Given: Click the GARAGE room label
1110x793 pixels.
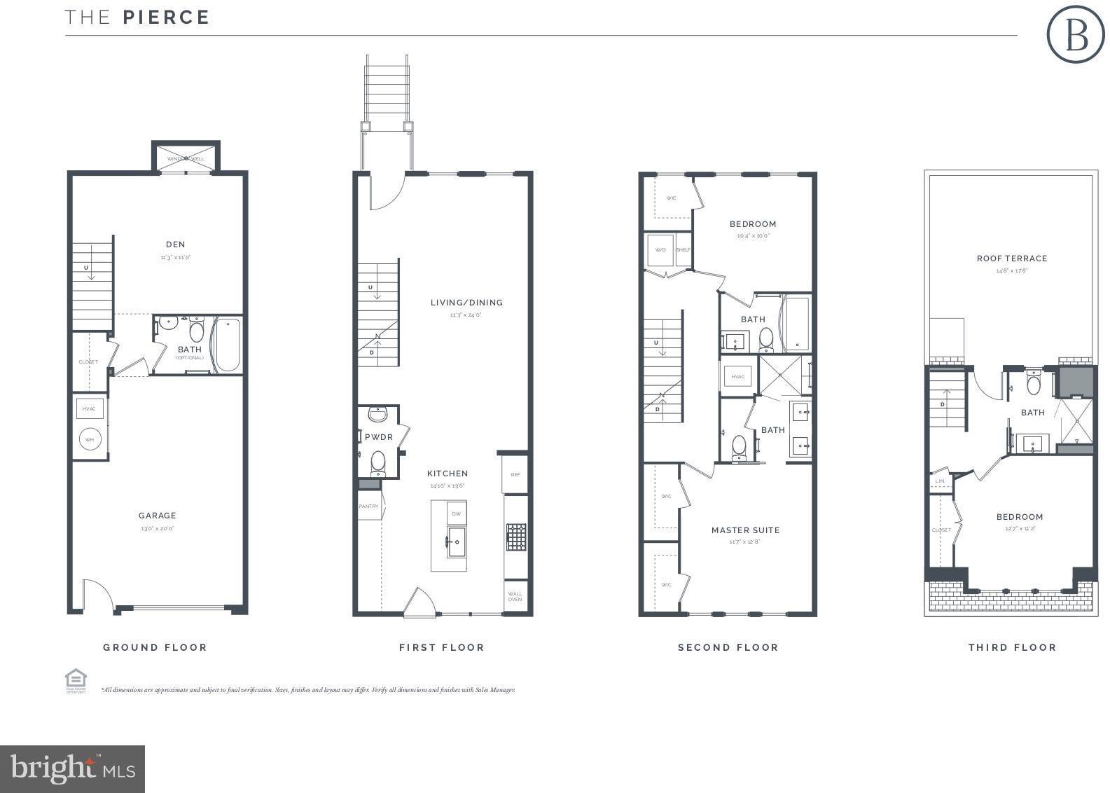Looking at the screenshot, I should click(x=157, y=516).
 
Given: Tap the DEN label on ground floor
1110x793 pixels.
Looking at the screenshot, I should click(x=175, y=244).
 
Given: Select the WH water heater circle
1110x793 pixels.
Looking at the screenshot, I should click(x=90, y=440).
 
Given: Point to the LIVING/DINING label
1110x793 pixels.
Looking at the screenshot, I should click(x=466, y=303).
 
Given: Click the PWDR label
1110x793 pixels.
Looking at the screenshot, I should click(x=379, y=437).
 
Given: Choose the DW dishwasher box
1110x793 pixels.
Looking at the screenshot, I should click(x=456, y=513).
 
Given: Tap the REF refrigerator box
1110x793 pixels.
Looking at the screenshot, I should click(x=515, y=474).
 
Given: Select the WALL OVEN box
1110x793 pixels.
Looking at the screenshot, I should click(x=515, y=596).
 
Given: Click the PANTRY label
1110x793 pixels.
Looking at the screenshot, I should click(x=368, y=506).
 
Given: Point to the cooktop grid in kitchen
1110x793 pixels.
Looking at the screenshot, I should click(x=516, y=537).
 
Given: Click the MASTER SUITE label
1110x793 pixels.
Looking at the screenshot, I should click(x=745, y=530).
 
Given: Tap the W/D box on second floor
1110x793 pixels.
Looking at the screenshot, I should click(x=660, y=250).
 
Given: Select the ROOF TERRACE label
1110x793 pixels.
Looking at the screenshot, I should click(x=1012, y=258).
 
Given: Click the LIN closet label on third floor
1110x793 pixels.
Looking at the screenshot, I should click(x=940, y=481).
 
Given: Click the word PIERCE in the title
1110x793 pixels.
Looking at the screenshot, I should click(x=166, y=18).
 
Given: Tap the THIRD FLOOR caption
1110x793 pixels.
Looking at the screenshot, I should click(x=1012, y=647).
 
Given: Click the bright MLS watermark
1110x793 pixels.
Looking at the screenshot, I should click(x=72, y=769).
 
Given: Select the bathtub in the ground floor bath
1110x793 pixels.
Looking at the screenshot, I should click(x=227, y=345).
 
